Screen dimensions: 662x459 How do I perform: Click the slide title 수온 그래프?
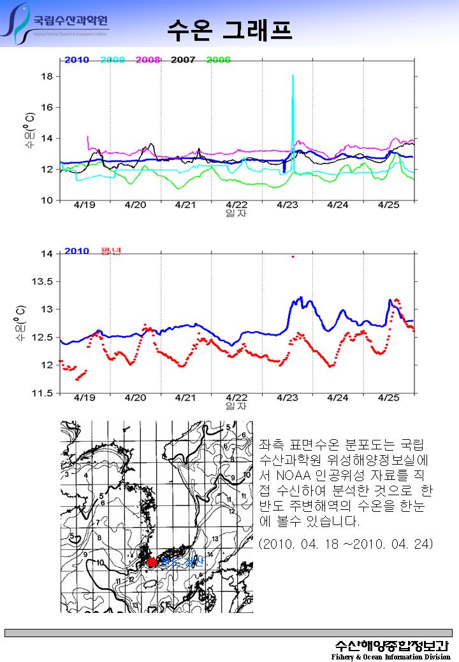[x=230, y=28]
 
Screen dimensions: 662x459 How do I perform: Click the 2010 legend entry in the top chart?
[x=76, y=60]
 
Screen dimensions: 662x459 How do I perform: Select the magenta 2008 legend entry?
[x=147, y=60]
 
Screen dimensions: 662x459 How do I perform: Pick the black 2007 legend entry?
[x=183, y=60]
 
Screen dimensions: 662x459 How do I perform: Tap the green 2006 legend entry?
[x=218, y=60]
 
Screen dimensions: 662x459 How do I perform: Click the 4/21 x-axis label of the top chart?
[x=185, y=205]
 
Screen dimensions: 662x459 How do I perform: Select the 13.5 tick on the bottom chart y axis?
[x=44, y=281]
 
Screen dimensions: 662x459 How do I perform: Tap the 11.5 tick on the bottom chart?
[x=44, y=393]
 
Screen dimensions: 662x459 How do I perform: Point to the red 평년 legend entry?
[x=111, y=251]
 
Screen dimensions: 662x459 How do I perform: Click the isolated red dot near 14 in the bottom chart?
[x=293, y=257]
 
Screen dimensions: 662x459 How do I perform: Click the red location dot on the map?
[x=152, y=562]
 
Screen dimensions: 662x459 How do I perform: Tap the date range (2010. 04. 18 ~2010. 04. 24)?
[x=347, y=544]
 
